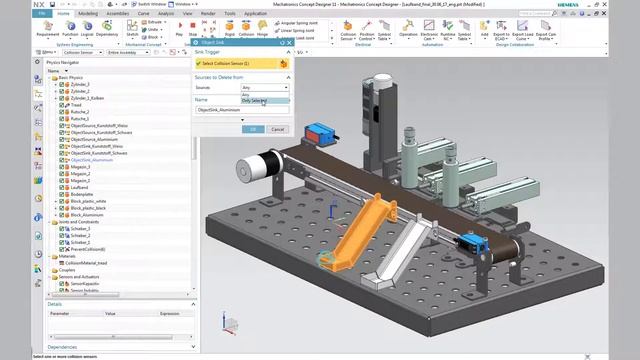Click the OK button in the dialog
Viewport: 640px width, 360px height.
coord(254,129)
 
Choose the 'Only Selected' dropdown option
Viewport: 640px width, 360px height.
coord(254,101)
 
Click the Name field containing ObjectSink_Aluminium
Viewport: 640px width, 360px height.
coord(241,110)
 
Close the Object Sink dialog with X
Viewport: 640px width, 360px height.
coord(288,43)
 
